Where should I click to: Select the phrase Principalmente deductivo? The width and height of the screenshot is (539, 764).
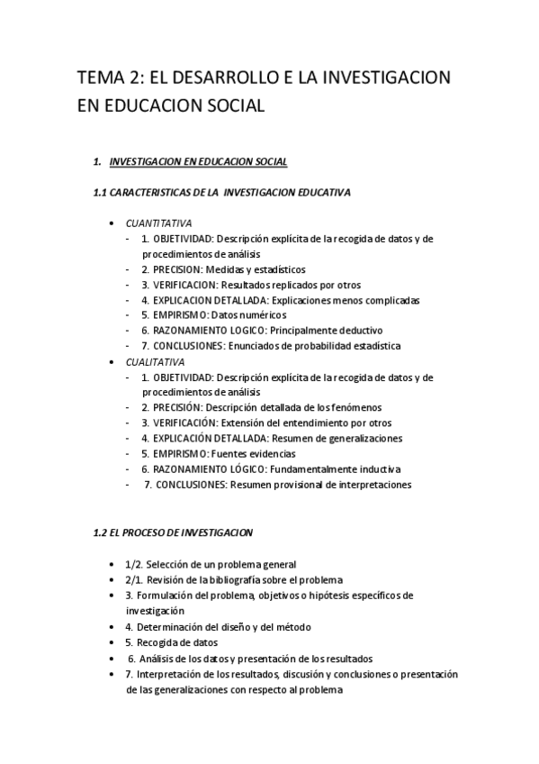[x=331, y=331]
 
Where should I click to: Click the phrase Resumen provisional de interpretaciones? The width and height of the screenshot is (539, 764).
[x=321, y=485]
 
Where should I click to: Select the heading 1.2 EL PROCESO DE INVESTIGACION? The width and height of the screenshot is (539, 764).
[x=174, y=532]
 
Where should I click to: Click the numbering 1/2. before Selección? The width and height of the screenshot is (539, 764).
[x=133, y=564]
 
